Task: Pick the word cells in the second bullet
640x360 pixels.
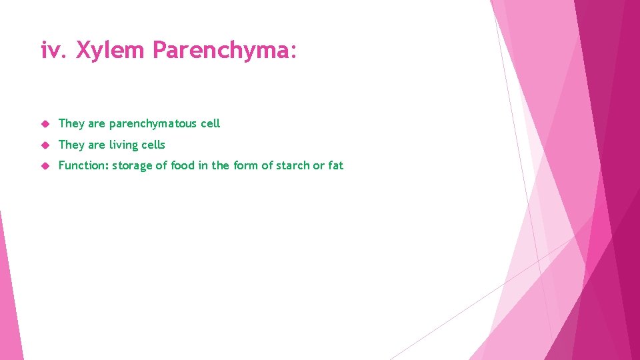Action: (153, 145)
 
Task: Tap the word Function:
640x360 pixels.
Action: (83, 165)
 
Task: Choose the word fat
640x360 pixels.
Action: (335, 165)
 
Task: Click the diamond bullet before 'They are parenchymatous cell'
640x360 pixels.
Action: (45, 124)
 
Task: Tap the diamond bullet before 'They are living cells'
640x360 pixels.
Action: (45, 145)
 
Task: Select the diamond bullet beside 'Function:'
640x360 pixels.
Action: (45, 166)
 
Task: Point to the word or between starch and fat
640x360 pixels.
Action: (319, 166)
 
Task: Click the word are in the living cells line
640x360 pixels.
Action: (97, 145)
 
